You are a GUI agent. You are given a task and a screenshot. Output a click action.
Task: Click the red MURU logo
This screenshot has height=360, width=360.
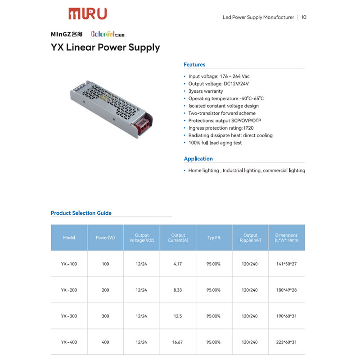point(88,13)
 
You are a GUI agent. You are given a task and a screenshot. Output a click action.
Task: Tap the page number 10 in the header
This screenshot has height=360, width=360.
point(304,18)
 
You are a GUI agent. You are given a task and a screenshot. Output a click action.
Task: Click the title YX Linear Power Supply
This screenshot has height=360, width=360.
point(105,47)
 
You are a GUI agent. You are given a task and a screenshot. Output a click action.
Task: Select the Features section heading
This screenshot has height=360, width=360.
point(194,65)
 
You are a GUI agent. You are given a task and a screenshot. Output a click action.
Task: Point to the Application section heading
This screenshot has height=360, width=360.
point(198,159)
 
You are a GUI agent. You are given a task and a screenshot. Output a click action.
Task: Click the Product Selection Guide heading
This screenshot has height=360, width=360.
point(81,213)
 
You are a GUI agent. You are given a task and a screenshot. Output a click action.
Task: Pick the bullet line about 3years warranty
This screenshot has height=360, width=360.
point(205,91)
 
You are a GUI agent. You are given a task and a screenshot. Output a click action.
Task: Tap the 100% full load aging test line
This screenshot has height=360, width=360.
point(215,143)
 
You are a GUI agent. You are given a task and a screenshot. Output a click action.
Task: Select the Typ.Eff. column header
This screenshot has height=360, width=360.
point(214,238)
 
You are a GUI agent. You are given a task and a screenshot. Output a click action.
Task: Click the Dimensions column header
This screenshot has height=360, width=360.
point(286,238)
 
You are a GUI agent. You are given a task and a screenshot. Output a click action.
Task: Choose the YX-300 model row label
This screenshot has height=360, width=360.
point(69,316)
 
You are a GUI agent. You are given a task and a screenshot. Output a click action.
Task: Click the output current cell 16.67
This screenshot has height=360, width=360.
point(178,342)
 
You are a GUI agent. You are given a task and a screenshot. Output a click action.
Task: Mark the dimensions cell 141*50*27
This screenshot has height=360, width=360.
point(286,264)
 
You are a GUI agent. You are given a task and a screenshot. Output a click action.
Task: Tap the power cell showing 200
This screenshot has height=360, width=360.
point(105,290)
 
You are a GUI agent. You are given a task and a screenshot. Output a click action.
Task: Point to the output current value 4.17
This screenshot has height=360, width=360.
point(178,264)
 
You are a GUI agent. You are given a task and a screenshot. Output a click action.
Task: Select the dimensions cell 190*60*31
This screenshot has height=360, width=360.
point(286,316)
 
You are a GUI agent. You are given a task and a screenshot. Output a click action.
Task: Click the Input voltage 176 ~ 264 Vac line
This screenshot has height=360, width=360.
point(219,76)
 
